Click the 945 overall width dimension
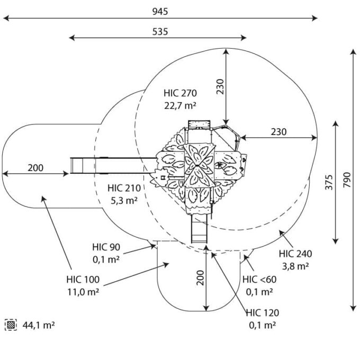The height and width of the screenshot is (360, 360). pos(160,12)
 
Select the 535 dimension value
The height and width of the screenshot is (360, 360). pos(160,32)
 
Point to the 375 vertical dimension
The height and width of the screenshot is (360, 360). pos(329,182)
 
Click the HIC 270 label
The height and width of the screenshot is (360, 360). pos(180,93)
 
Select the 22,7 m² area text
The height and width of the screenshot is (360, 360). pos(180,105)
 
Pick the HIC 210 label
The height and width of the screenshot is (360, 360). pos(124,188)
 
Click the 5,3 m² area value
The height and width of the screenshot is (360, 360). pos(124,201)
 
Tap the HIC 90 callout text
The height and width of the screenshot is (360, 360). pos(106,247)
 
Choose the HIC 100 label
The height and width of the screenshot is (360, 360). pos(83,280)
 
